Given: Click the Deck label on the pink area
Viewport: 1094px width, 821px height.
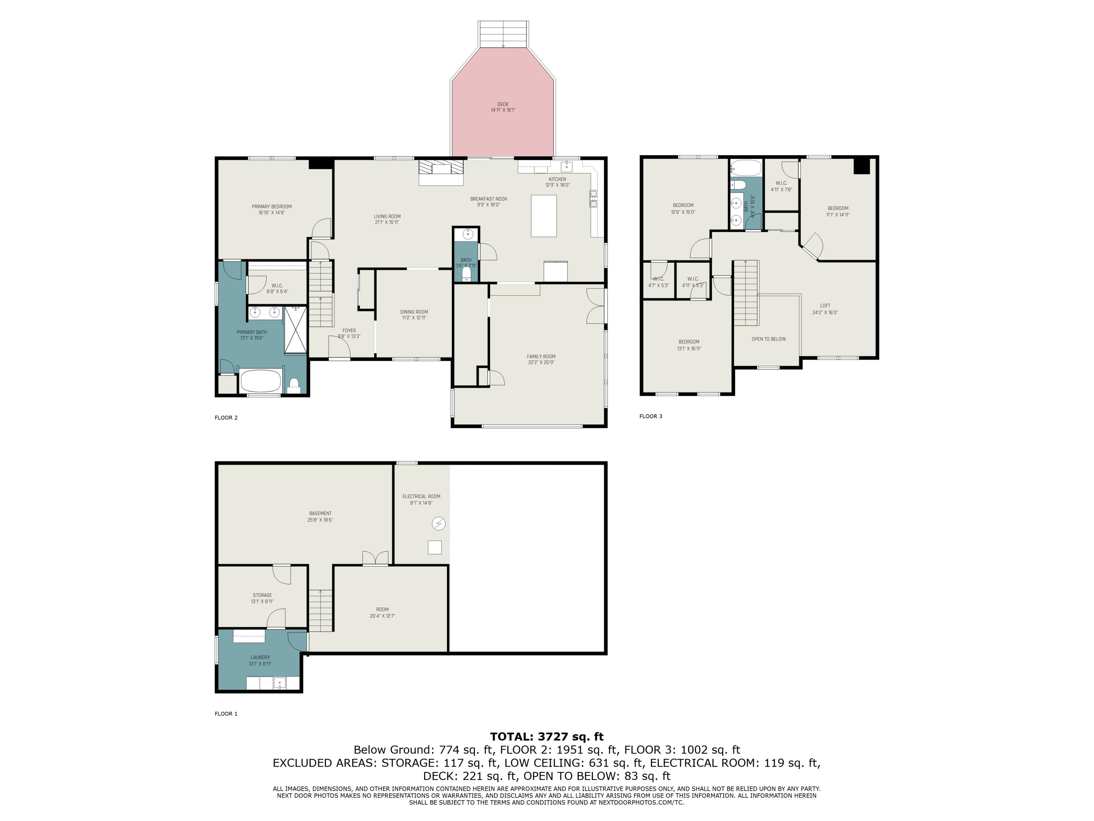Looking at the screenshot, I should pos(503,104).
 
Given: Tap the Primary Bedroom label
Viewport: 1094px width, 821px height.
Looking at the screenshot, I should pos(272,207).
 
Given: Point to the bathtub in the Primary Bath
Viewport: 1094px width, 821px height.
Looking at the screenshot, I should pos(261,381).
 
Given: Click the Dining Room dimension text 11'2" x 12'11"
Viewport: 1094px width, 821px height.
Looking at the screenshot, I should pos(414,318).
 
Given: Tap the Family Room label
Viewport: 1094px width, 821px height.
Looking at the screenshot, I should pos(541,356).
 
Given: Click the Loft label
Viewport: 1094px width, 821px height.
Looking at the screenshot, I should pos(825,306).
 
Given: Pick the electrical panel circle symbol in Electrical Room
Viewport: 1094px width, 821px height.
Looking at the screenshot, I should pos(438,523).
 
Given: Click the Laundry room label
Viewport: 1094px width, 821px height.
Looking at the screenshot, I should pos(260,657).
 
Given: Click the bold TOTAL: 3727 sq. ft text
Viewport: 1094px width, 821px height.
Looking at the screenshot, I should pos(547,737).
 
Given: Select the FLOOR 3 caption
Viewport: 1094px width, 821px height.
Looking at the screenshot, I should pos(650,416).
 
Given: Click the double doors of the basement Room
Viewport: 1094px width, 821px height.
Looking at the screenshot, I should pos(375,558).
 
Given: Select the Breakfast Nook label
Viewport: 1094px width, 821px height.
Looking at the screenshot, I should pos(489,199).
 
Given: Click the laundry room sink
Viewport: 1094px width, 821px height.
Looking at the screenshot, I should pos(280,683).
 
